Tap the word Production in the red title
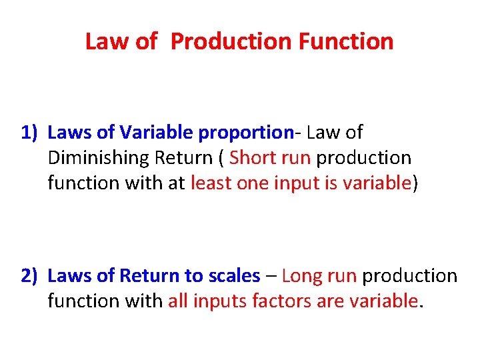tap(231, 41)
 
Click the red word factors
tap(276, 301)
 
